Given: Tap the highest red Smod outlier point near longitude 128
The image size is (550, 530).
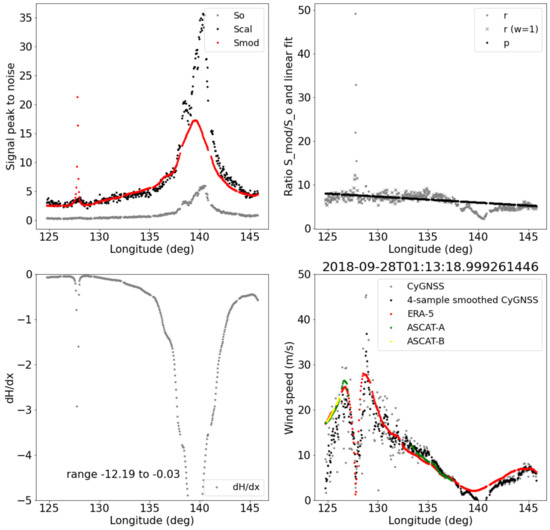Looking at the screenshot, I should pos(77,97).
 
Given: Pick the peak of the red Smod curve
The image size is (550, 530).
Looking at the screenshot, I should pos(196,121).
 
